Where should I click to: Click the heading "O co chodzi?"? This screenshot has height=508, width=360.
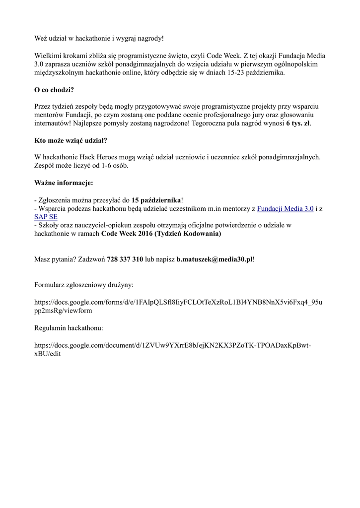[x=54, y=90]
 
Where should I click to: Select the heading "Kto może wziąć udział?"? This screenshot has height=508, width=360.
[x=71, y=140]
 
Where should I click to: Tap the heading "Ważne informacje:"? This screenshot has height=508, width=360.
[x=64, y=183]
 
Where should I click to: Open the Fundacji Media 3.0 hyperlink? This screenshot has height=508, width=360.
[x=285, y=209]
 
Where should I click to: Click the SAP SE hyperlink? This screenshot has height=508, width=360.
[x=46, y=217]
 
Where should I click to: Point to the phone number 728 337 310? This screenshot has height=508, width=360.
[x=125, y=259]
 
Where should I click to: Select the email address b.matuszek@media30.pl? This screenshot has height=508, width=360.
[x=215, y=259]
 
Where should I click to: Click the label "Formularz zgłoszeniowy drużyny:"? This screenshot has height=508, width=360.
[x=84, y=285]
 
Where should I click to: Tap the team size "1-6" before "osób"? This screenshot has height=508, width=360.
[x=99, y=166]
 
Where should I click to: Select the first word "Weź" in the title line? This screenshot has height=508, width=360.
[x=41, y=38]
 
